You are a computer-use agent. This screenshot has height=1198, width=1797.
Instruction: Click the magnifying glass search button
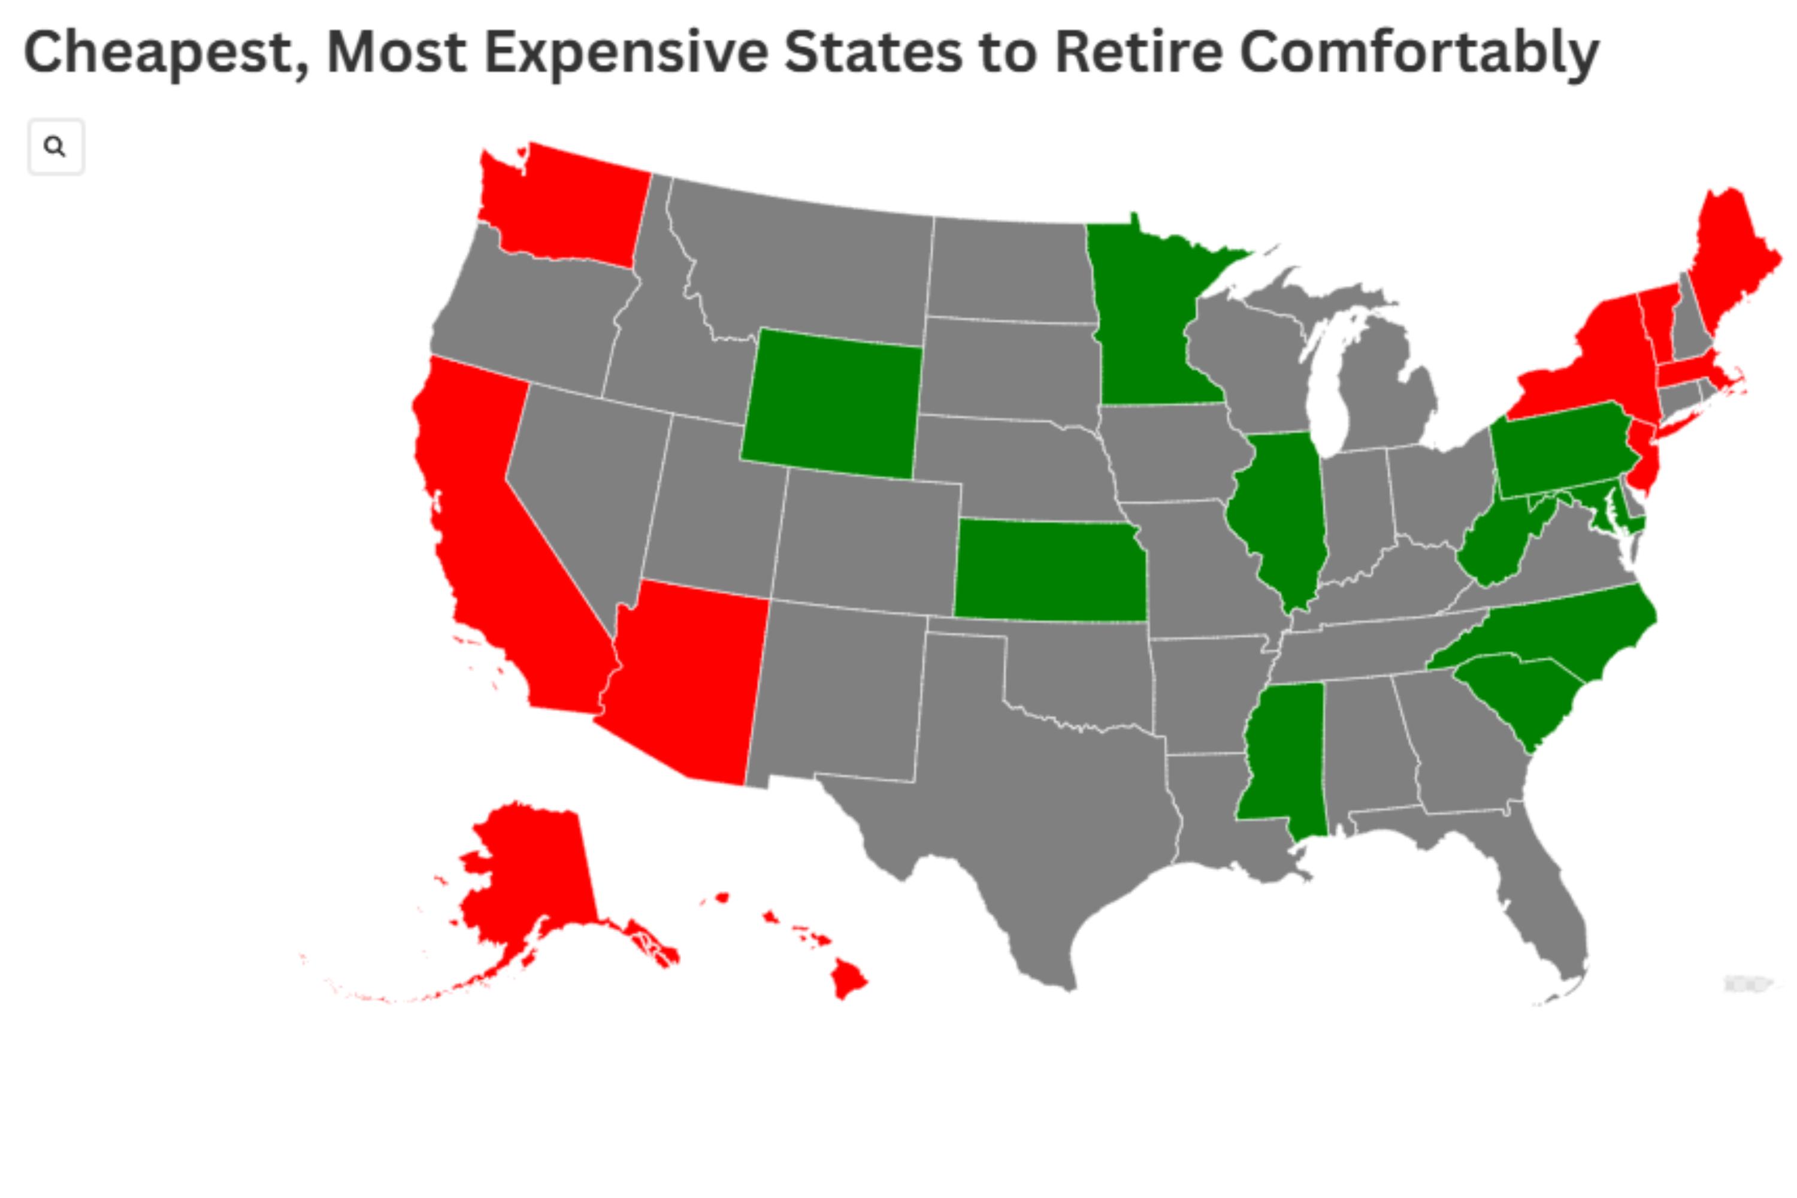coord(55,147)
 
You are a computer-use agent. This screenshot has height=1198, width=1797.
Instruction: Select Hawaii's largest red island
coord(848,978)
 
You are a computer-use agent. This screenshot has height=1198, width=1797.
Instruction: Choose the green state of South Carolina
coord(1520,695)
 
